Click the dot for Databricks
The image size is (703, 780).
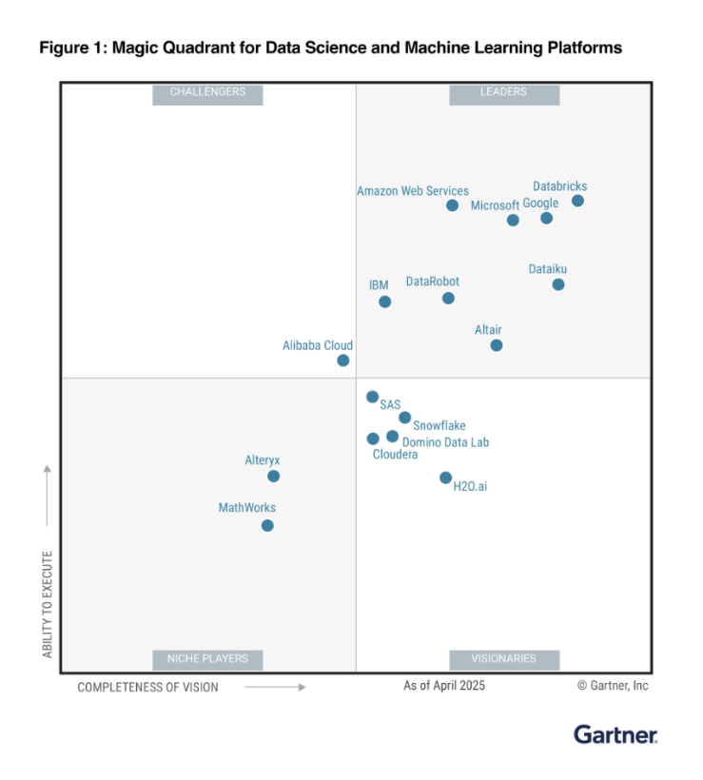[577, 201]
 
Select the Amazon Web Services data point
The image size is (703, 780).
[452, 205]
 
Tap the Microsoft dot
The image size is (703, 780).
[513, 221]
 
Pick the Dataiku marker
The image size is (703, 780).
[558, 284]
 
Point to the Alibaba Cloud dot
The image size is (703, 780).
[343, 361]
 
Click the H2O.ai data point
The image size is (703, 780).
[445, 478]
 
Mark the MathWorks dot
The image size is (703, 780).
[267, 525]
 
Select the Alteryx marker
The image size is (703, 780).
[274, 477]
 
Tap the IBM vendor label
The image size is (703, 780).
[379, 285]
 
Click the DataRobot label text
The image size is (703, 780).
[432, 282]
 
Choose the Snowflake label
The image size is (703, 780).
[439, 426]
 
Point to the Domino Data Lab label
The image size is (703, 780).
[445, 442]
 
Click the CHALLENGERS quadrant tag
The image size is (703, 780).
[207, 93]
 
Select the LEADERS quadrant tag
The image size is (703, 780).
[504, 93]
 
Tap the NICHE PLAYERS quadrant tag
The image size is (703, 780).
[207, 658]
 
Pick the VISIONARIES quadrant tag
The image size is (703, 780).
[504, 658]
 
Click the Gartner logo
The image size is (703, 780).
[615, 735]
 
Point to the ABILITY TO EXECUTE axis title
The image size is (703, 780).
[48, 603]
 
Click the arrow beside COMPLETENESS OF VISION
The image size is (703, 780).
[275, 687]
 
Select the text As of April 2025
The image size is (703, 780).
[444, 686]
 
